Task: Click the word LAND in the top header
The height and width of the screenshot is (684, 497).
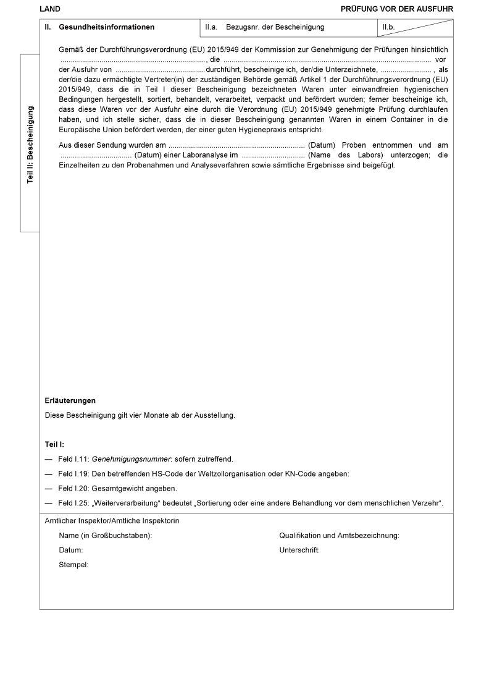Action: click(49, 9)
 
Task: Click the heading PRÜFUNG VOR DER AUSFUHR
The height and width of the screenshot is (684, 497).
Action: click(396, 9)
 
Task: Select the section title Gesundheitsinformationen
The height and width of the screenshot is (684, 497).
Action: click(107, 27)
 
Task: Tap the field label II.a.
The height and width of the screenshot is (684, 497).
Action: click(211, 27)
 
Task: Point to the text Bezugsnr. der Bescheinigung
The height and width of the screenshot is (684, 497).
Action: click(275, 27)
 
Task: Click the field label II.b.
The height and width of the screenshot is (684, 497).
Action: click(388, 27)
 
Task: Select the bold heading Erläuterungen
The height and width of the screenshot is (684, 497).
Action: click(70, 401)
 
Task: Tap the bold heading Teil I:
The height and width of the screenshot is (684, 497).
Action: click(55, 444)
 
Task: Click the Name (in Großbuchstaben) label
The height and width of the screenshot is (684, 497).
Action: click(106, 536)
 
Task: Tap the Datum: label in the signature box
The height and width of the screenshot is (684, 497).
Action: click(71, 550)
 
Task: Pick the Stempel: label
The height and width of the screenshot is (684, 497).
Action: click(73, 564)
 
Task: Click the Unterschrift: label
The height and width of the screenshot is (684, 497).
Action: click(299, 550)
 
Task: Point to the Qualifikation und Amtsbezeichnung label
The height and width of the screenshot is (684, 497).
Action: click(339, 536)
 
